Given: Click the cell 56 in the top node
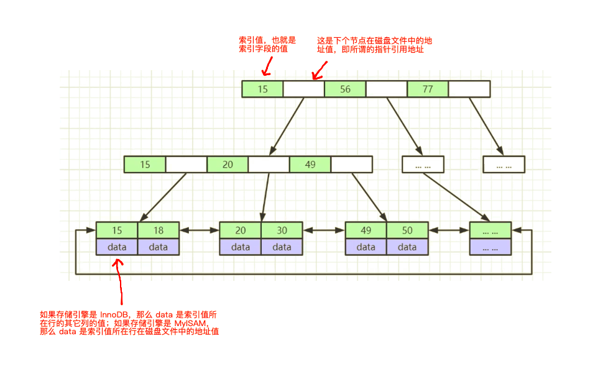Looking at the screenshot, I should (345, 89).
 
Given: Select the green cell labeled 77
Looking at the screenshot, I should (428, 89).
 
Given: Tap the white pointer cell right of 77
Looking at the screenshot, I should (469, 89).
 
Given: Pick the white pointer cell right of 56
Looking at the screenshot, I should (386, 89).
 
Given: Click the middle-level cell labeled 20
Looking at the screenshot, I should (228, 165).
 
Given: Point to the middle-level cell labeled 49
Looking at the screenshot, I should (310, 165).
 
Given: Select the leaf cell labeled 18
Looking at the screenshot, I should (159, 230).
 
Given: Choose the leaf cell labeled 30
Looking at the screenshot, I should (282, 230).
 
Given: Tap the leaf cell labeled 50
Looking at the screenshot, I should (407, 230).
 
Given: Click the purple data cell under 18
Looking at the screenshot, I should (159, 247).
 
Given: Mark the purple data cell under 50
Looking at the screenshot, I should (407, 247).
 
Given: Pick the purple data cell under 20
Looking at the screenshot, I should (241, 247).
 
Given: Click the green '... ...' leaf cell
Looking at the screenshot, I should (490, 230).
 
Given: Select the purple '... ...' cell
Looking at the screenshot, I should (490, 247).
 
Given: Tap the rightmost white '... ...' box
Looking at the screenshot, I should (504, 165).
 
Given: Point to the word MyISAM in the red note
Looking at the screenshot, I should (190, 323).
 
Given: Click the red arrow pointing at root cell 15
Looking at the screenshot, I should (267, 65).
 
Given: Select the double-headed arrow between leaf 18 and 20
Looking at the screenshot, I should (199, 230).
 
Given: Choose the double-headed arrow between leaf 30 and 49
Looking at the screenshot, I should (323, 230).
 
